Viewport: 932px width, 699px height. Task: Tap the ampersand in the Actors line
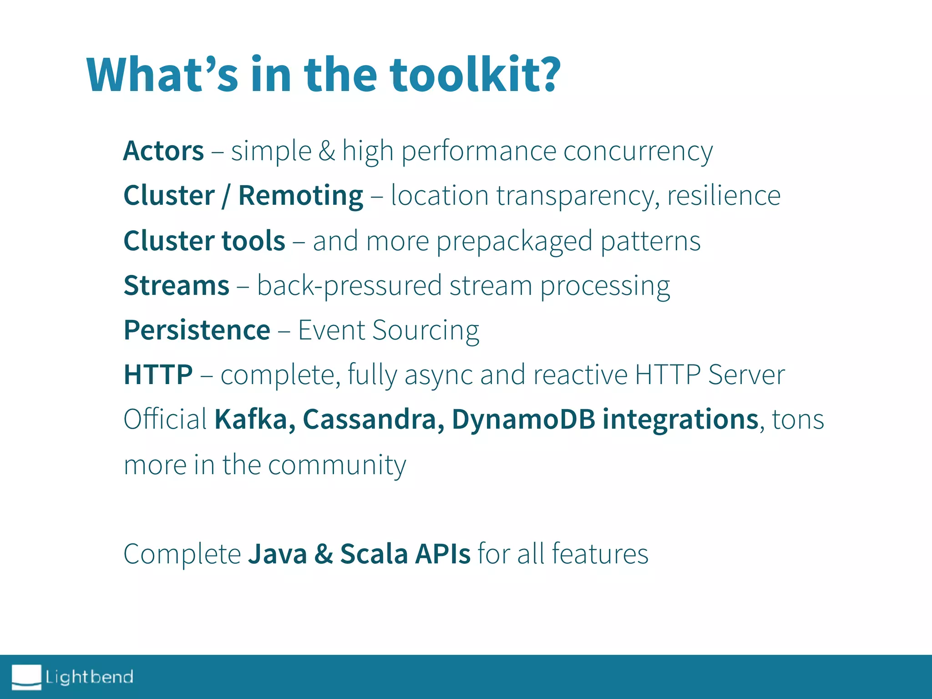(326, 151)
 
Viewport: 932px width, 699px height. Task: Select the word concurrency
(638, 152)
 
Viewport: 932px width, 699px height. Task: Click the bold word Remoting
(300, 196)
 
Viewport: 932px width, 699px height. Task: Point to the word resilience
(724, 196)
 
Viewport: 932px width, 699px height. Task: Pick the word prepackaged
(514, 241)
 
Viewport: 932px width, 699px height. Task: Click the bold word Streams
(177, 286)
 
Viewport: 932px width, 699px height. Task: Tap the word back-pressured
(349, 286)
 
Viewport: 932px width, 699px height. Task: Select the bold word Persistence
(197, 330)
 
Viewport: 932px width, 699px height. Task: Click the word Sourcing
(425, 331)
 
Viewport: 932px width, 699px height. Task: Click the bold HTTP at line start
(158, 375)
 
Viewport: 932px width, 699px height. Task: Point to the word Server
(746, 375)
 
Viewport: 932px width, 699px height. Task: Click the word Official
(165, 419)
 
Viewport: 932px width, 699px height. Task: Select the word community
(337, 465)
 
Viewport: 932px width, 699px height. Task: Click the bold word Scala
(374, 554)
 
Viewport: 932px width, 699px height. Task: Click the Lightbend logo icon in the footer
(26, 677)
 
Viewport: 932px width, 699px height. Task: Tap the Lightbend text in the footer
(89, 677)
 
